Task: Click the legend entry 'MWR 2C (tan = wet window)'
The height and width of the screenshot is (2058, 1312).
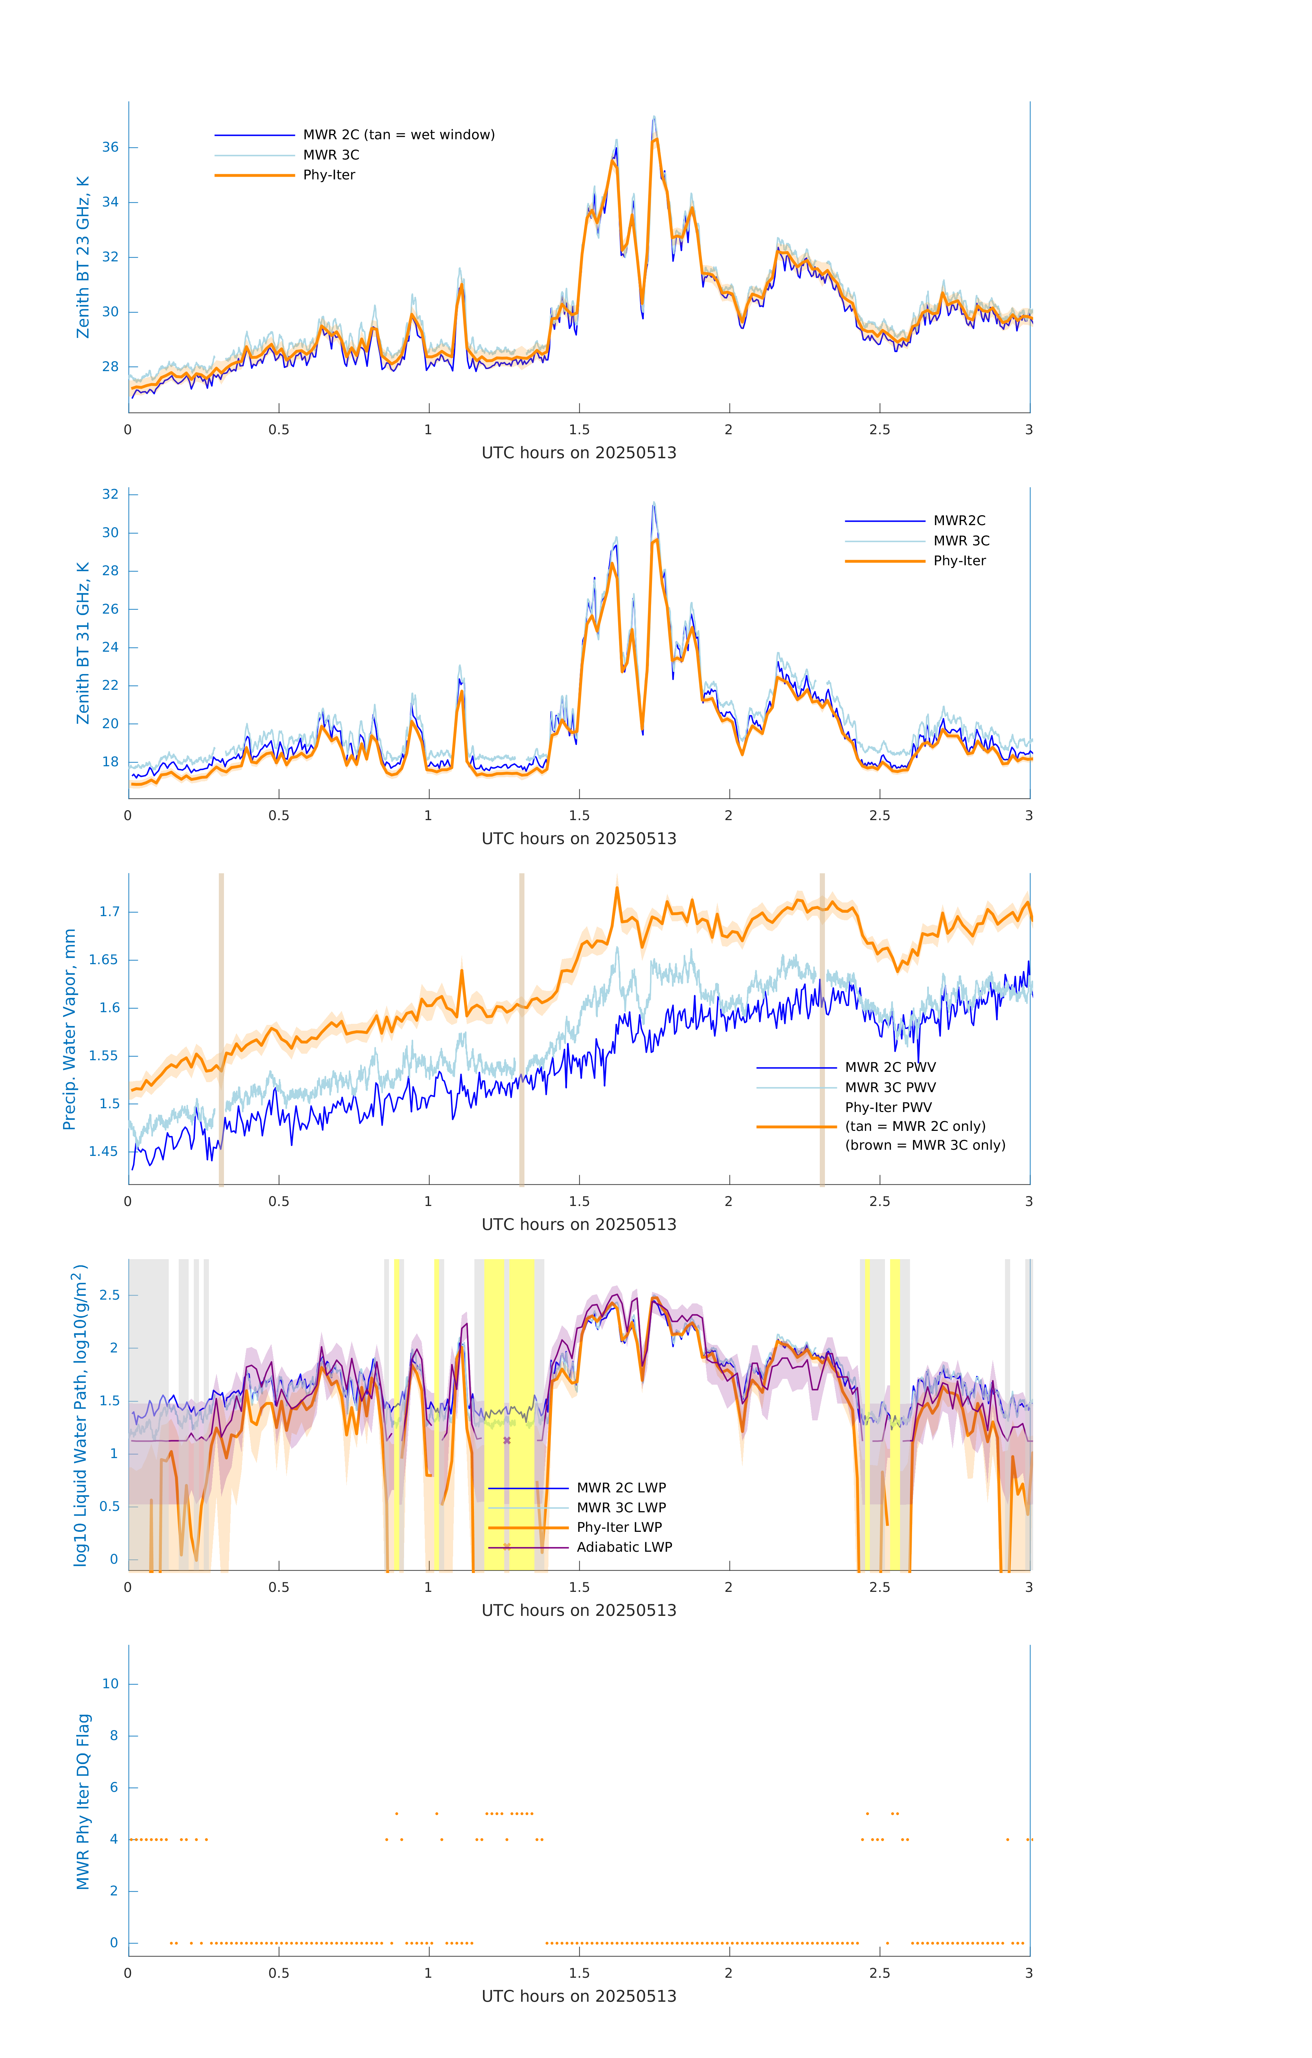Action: [398, 135]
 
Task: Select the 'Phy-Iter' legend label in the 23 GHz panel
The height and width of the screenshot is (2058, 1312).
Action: [329, 175]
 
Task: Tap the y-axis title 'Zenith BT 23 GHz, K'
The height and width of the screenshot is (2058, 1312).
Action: [83, 257]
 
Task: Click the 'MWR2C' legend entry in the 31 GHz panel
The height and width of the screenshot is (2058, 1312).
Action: [959, 520]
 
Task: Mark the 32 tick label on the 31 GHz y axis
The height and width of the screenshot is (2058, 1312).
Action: [110, 494]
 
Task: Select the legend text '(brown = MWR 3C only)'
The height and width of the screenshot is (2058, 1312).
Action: [925, 1145]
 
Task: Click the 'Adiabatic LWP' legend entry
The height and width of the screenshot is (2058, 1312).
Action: [624, 1547]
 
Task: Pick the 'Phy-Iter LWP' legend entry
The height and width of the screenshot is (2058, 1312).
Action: [619, 1527]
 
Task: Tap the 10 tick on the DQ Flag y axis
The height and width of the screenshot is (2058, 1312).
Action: [110, 1684]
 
